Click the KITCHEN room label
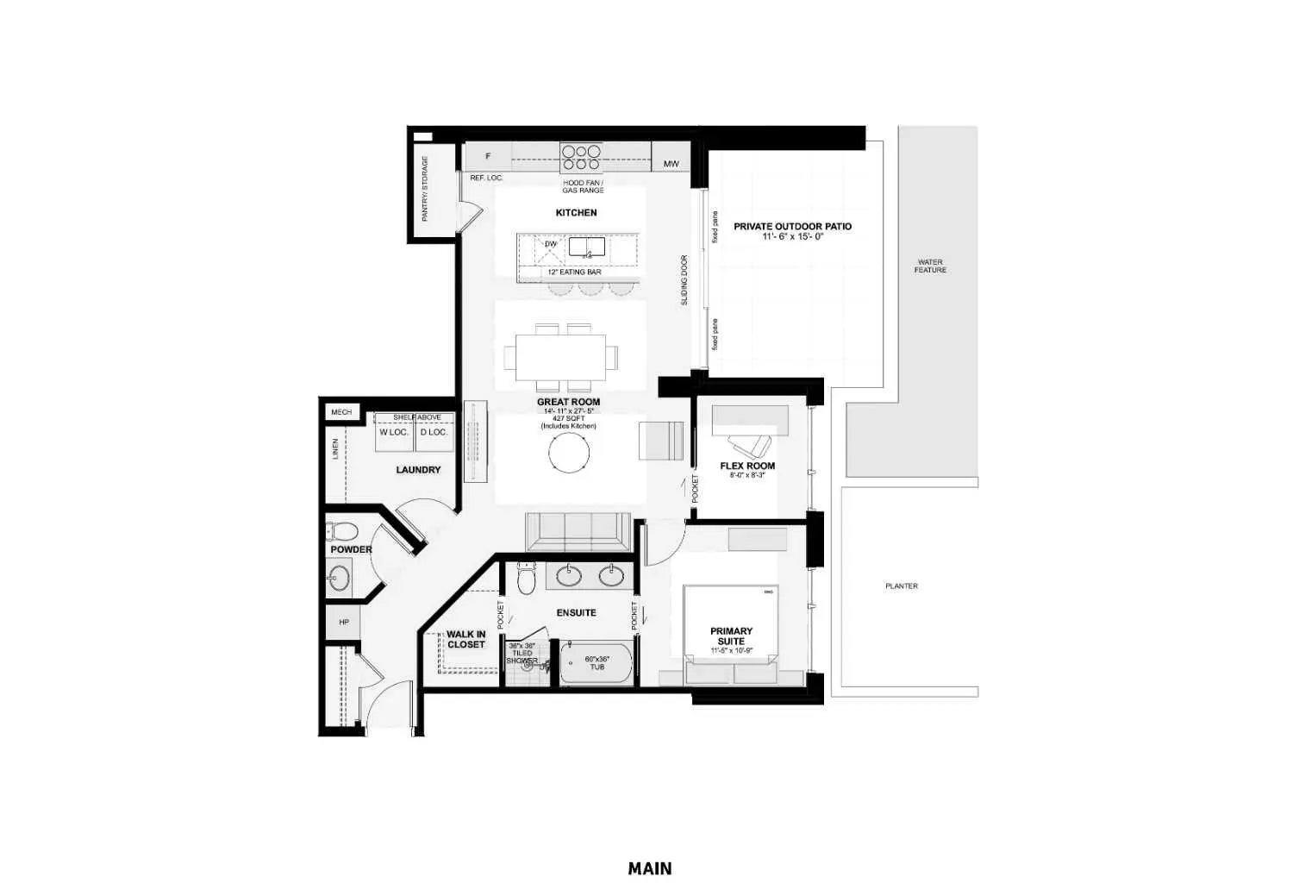tap(576, 212)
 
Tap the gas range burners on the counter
tap(581, 157)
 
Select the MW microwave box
tap(671, 163)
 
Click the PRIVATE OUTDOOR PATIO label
tap(792, 227)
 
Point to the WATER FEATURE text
tap(930, 266)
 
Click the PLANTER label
tap(902, 586)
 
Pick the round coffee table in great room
tap(570, 452)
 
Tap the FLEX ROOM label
tap(747, 466)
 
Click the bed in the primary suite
tap(732, 625)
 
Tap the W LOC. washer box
tap(394, 432)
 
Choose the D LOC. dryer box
tap(434, 432)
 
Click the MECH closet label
tap(341, 412)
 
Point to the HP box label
tap(344, 622)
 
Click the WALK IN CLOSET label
tap(465, 640)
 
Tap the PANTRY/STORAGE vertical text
tap(424, 189)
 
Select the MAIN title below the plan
tap(650, 868)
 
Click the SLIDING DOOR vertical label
tap(684, 279)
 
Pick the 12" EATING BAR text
tap(574, 272)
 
